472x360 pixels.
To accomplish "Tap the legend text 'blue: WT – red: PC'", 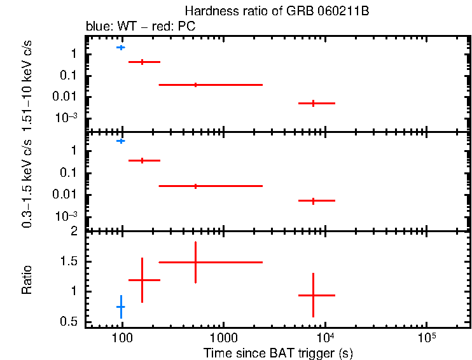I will pos(140,27).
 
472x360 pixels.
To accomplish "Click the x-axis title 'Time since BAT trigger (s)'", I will pos(278,352).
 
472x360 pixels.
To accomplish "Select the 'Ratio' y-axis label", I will pos(27,280).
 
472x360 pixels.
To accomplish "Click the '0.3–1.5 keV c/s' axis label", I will pos(27,184).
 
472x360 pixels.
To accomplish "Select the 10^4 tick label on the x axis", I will pos(325,336).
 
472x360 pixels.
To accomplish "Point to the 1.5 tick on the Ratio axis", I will pos(73,261).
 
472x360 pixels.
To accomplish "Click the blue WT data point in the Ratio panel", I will pos(120,307).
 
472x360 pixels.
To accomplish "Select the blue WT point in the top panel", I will pos(120,48).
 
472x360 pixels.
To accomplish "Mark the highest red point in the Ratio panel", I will pos(195,262).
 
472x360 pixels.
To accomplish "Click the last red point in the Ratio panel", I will pos(313,295).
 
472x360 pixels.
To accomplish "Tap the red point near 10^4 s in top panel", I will pos(313,103).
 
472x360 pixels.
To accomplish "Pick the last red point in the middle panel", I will pos(313,200).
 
